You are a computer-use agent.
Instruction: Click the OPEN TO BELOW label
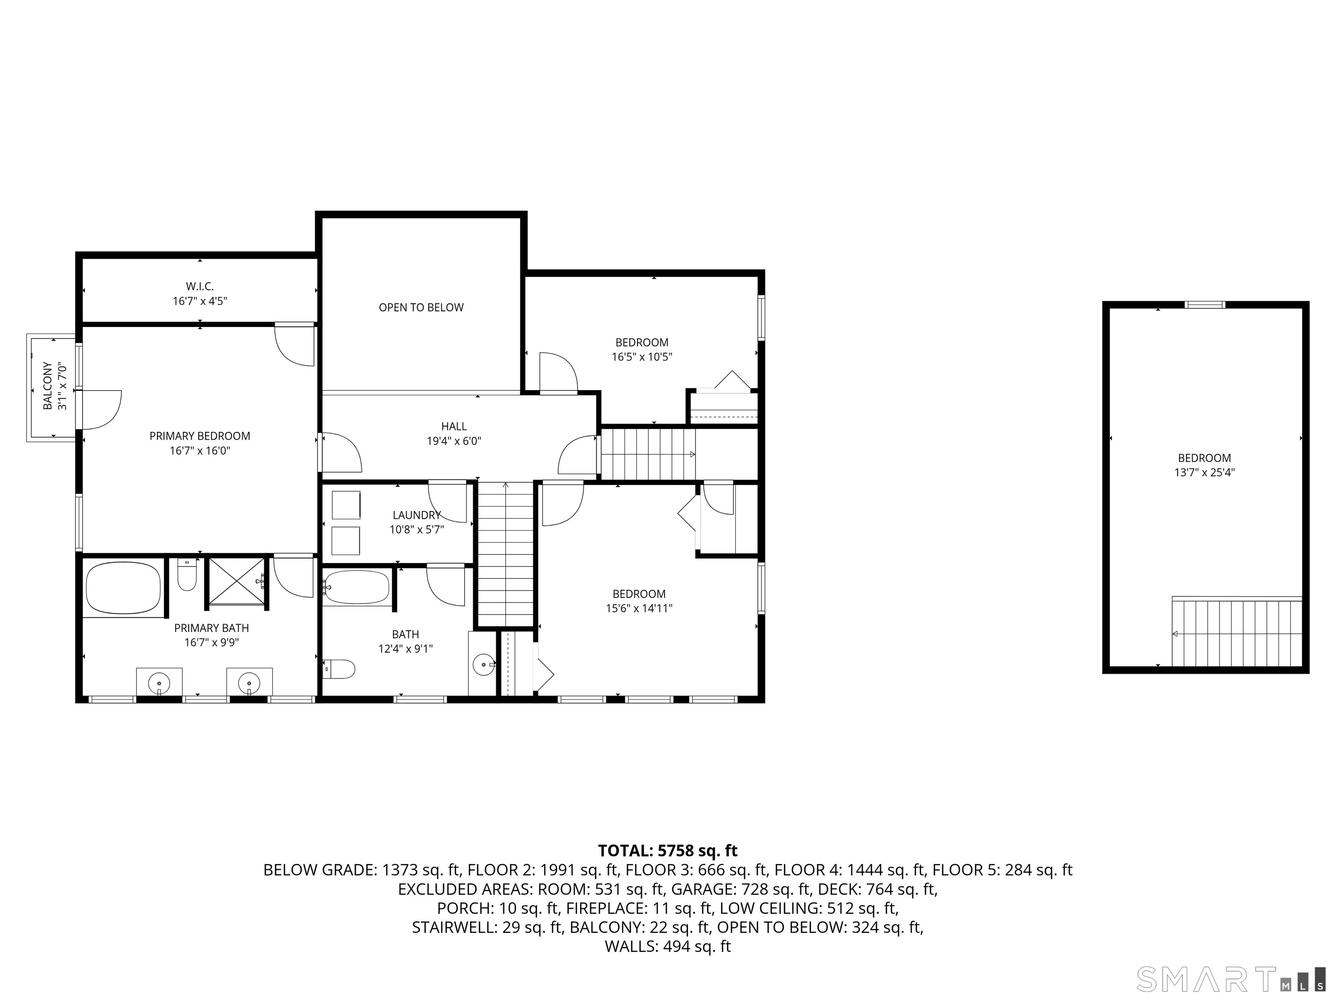coord(421,307)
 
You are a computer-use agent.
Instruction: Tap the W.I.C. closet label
coord(200,286)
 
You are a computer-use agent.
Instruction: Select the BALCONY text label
coord(47,386)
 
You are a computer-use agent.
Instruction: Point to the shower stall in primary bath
coord(236,581)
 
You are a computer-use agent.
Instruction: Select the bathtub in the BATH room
coord(356,588)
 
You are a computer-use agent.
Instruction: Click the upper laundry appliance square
coord(346,505)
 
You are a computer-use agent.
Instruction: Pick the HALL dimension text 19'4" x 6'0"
coord(454,441)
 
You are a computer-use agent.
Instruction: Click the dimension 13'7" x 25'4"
coord(1204,472)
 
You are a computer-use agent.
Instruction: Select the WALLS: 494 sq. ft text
coord(668,946)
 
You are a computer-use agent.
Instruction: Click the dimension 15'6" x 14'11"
coord(639,608)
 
